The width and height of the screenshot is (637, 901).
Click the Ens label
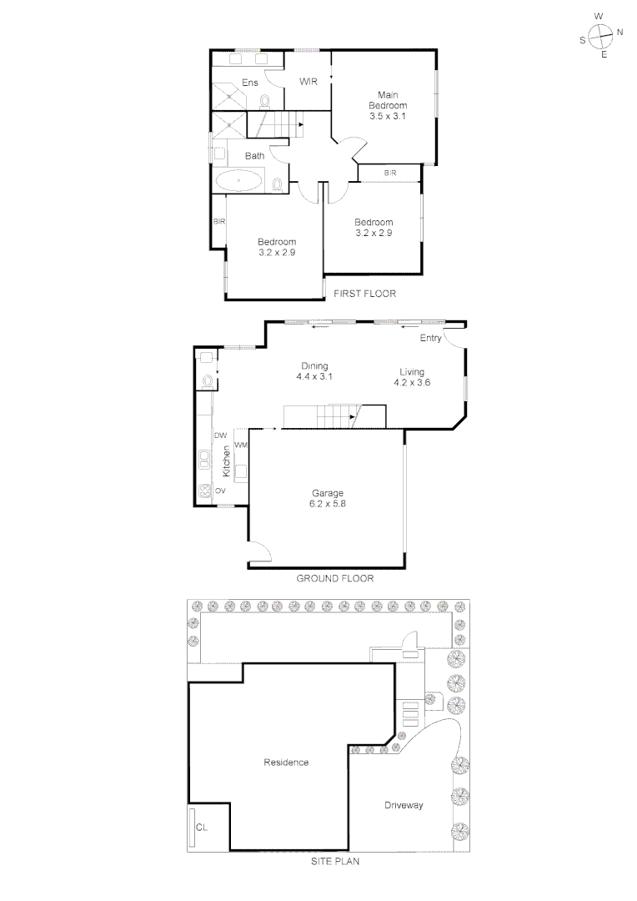click(250, 83)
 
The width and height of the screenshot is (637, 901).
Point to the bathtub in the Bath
click(239, 180)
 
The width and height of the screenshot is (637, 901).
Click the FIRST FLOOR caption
click(364, 294)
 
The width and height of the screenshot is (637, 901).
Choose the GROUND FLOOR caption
click(335, 578)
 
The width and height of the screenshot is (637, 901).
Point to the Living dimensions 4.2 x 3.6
click(412, 383)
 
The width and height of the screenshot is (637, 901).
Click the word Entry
click(431, 338)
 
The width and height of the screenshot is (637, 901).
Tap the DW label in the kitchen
click(221, 436)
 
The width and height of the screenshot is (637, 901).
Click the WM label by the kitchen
click(241, 445)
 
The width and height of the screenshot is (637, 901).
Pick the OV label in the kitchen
click(221, 491)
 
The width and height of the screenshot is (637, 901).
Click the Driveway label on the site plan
click(404, 805)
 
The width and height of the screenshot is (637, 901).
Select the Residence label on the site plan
click(286, 762)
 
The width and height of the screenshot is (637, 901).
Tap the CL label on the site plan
click(202, 827)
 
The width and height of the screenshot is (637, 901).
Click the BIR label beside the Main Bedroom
click(390, 173)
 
